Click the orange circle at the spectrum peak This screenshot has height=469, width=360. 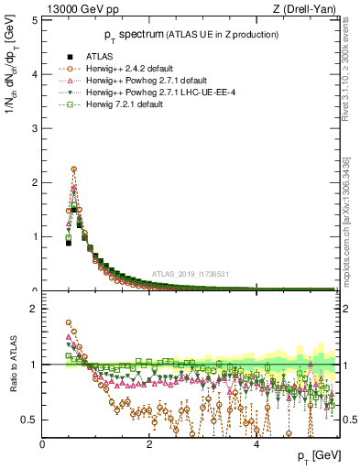[73, 169]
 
